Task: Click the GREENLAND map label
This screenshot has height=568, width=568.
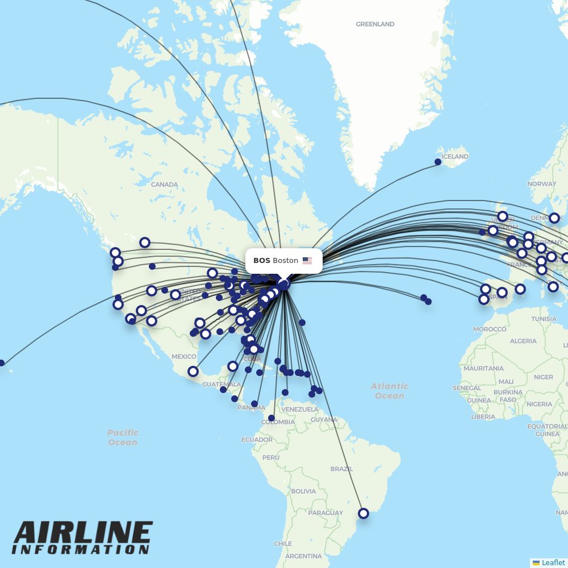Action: pyautogui.click(x=375, y=24)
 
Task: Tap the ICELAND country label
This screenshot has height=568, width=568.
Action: pyautogui.click(x=455, y=156)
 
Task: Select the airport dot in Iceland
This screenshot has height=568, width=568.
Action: pyautogui.click(x=438, y=162)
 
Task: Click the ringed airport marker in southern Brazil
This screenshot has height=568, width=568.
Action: pyautogui.click(x=364, y=513)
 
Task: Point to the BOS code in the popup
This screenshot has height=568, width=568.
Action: pyautogui.click(x=262, y=261)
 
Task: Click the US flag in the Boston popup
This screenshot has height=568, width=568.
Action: pyautogui.click(x=307, y=261)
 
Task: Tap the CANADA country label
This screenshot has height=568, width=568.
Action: pyautogui.click(x=165, y=185)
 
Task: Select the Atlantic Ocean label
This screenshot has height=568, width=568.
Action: pyautogui.click(x=390, y=391)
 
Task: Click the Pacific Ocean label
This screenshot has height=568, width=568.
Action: pyautogui.click(x=123, y=437)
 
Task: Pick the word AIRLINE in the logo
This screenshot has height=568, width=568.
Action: pyautogui.click(x=83, y=533)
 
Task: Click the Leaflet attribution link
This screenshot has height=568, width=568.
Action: pyautogui.click(x=553, y=562)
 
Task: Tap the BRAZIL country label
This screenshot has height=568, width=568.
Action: pyautogui.click(x=341, y=469)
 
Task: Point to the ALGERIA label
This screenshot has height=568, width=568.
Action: pyautogui.click(x=523, y=341)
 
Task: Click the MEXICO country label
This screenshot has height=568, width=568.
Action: pyautogui.click(x=183, y=356)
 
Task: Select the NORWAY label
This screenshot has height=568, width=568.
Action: pyautogui.click(x=541, y=184)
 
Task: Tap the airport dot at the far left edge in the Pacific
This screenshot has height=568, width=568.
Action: pyautogui.click(x=2, y=363)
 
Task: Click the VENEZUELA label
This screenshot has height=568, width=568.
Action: pyautogui.click(x=300, y=409)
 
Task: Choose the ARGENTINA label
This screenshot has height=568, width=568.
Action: pyautogui.click(x=303, y=556)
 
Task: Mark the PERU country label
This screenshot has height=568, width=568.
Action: pyautogui.click(x=271, y=457)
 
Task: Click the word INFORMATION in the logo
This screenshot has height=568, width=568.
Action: pyautogui.click(x=80, y=550)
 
